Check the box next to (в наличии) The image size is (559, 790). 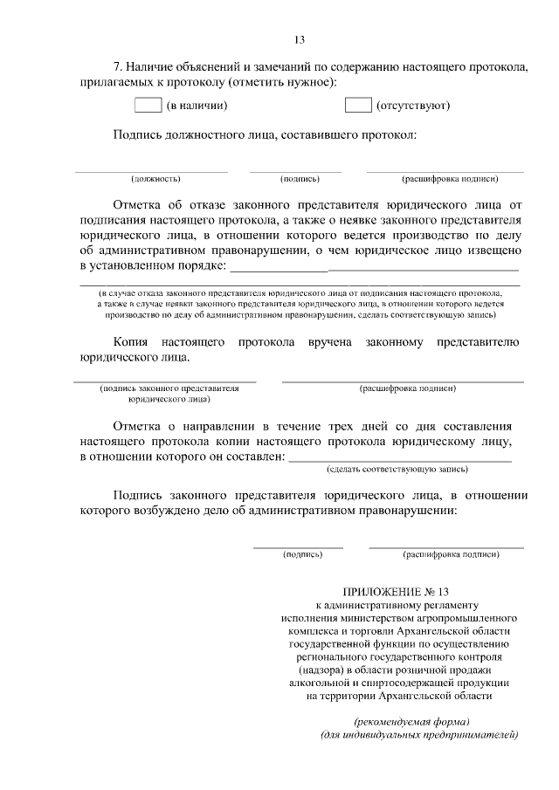(x=148, y=106)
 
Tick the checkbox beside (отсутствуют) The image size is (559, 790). (x=358, y=106)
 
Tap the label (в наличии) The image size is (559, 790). (x=197, y=106)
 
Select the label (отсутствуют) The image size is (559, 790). (x=412, y=106)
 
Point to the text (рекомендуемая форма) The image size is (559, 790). (x=411, y=721)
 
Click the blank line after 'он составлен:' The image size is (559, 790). (x=400, y=459)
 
